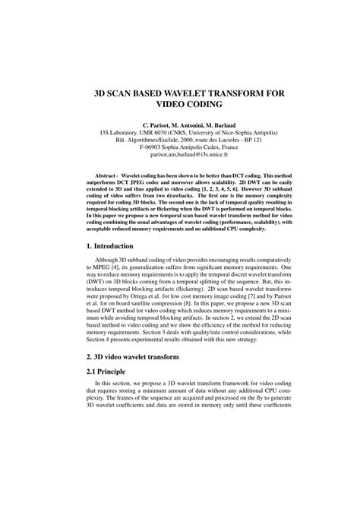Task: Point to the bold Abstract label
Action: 102,174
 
